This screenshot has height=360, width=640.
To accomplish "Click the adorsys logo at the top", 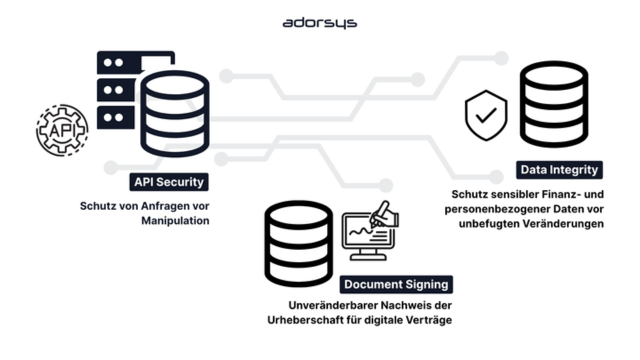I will tap(319, 23).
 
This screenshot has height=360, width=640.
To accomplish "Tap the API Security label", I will tap(169, 182).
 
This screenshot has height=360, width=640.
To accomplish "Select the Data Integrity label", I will tap(559, 170).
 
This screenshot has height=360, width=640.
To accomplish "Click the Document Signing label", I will tap(396, 284).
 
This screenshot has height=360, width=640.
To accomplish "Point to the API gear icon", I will tap(62, 130).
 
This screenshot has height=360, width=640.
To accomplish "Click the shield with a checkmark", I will tap(486, 115).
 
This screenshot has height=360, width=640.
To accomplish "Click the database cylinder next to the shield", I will tap(554, 104).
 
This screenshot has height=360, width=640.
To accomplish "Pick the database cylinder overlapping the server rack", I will tap(174, 114).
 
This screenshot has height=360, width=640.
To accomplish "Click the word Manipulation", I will tap(175, 220).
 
